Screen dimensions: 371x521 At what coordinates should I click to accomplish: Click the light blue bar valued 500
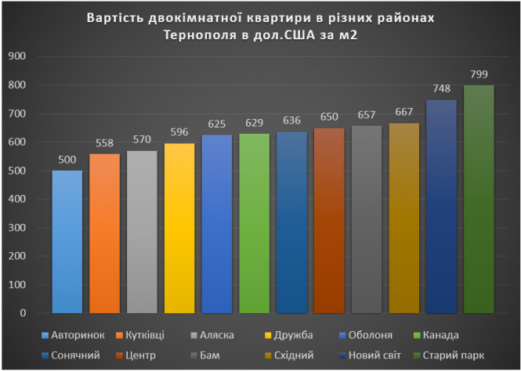[x=67, y=242]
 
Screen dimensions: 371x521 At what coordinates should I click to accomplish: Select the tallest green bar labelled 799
[x=479, y=199]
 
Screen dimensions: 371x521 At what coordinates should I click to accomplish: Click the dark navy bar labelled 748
[x=441, y=207]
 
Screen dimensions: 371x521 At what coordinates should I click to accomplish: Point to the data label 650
[x=329, y=117]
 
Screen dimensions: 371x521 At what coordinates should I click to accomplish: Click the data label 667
[x=403, y=112]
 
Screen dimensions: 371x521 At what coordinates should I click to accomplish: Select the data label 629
[x=254, y=123]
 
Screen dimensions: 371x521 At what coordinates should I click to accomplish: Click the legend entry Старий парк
[x=466, y=355]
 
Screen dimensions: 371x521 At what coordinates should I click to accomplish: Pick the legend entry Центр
[x=140, y=355]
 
